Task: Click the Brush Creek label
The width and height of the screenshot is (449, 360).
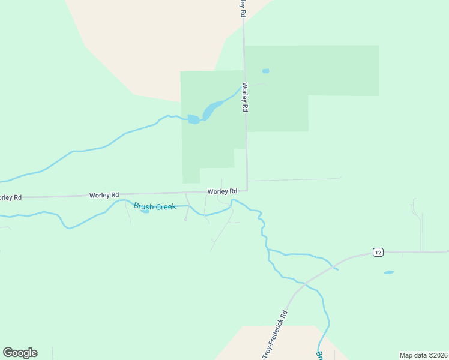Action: click(155, 206)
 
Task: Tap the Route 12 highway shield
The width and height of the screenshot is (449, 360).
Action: click(377, 251)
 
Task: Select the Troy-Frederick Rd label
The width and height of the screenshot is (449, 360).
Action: click(275, 335)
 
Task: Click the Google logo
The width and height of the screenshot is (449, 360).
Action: click(20, 353)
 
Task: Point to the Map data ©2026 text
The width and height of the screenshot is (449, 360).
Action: click(423, 355)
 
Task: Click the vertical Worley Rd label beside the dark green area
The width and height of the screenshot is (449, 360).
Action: click(245, 98)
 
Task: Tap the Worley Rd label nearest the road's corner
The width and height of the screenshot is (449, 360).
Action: click(223, 191)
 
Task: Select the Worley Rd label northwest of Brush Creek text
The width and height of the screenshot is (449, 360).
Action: click(104, 195)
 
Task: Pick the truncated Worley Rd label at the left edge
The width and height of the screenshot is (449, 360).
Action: click(10, 197)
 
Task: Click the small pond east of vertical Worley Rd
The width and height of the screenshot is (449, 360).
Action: click(265, 71)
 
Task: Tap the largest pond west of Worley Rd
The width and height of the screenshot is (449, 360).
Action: click(211, 110)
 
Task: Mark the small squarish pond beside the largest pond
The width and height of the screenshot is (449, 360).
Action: click(193, 119)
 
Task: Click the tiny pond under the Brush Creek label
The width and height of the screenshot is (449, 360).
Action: click(145, 211)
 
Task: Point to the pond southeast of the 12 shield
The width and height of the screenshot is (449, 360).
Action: click(389, 272)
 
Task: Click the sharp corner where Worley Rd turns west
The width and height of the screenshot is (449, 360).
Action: click(247, 190)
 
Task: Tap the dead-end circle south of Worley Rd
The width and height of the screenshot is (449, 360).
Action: click(185, 219)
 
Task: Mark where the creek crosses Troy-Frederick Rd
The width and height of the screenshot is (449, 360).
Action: click(305, 282)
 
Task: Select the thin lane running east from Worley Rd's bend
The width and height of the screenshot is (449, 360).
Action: click(294, 179)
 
